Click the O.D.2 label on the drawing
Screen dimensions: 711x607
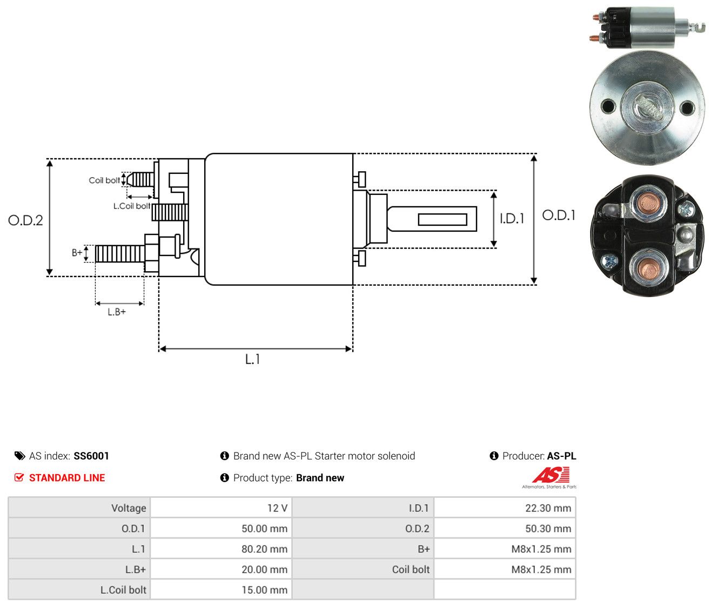click(25, 220)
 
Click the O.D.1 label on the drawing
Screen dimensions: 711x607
click(558, 215)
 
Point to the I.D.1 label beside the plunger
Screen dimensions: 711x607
click(512, 218)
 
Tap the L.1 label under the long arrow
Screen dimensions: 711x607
click(252, 359)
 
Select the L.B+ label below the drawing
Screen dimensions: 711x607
click(117, 312)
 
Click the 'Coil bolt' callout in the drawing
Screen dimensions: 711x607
click(104, 180)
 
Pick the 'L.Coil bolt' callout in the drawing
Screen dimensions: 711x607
click(132, 206)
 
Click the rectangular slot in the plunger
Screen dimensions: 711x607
click(442, 219)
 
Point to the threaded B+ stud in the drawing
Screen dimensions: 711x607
click(120, 253)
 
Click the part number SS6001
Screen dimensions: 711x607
click(91, 455)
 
